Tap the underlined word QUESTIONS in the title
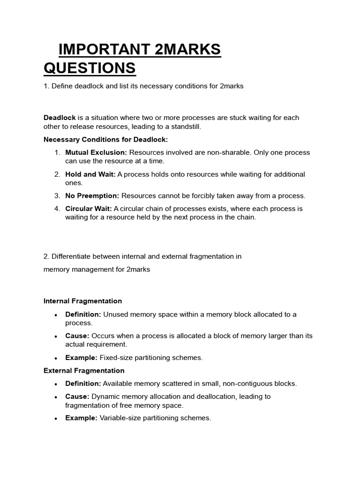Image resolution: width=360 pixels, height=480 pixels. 90,68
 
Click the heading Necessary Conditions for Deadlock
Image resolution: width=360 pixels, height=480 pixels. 105,140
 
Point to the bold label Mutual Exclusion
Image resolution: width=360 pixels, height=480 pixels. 96,153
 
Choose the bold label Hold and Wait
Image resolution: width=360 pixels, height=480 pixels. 90,174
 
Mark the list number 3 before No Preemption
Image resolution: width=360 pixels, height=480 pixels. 56,196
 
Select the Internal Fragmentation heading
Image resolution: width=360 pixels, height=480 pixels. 82,301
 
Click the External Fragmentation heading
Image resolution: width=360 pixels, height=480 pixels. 84,371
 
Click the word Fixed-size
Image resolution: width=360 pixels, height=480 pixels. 116,358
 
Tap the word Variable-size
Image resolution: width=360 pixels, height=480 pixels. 120,418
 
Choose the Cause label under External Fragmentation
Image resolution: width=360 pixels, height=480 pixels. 77,397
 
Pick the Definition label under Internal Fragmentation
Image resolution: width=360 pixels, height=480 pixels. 83,315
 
